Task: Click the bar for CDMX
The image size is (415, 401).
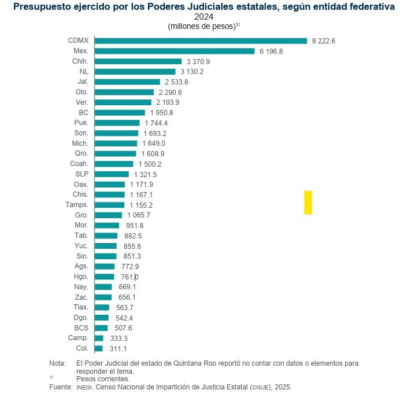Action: [x=201, y=41]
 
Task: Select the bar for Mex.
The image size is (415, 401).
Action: [x=175, y=51]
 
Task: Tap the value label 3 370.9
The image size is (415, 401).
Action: [x=198, y=61]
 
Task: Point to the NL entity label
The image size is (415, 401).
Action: [x=84, y=71]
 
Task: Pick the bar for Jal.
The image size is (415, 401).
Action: [x=127, y=82]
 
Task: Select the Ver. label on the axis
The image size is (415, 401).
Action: [x=81, y=102]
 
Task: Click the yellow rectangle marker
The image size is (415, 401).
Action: [x=308, y=202]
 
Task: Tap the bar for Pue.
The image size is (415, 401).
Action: [x=117, y=123]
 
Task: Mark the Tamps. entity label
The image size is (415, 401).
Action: [x=77, y=205]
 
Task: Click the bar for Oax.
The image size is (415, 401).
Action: [x=110, y=185]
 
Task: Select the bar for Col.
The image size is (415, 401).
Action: [x=99, y=348]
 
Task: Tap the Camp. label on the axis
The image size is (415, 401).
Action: [x=78, y=338]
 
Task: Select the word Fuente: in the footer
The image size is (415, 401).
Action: [x=61, y=386]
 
